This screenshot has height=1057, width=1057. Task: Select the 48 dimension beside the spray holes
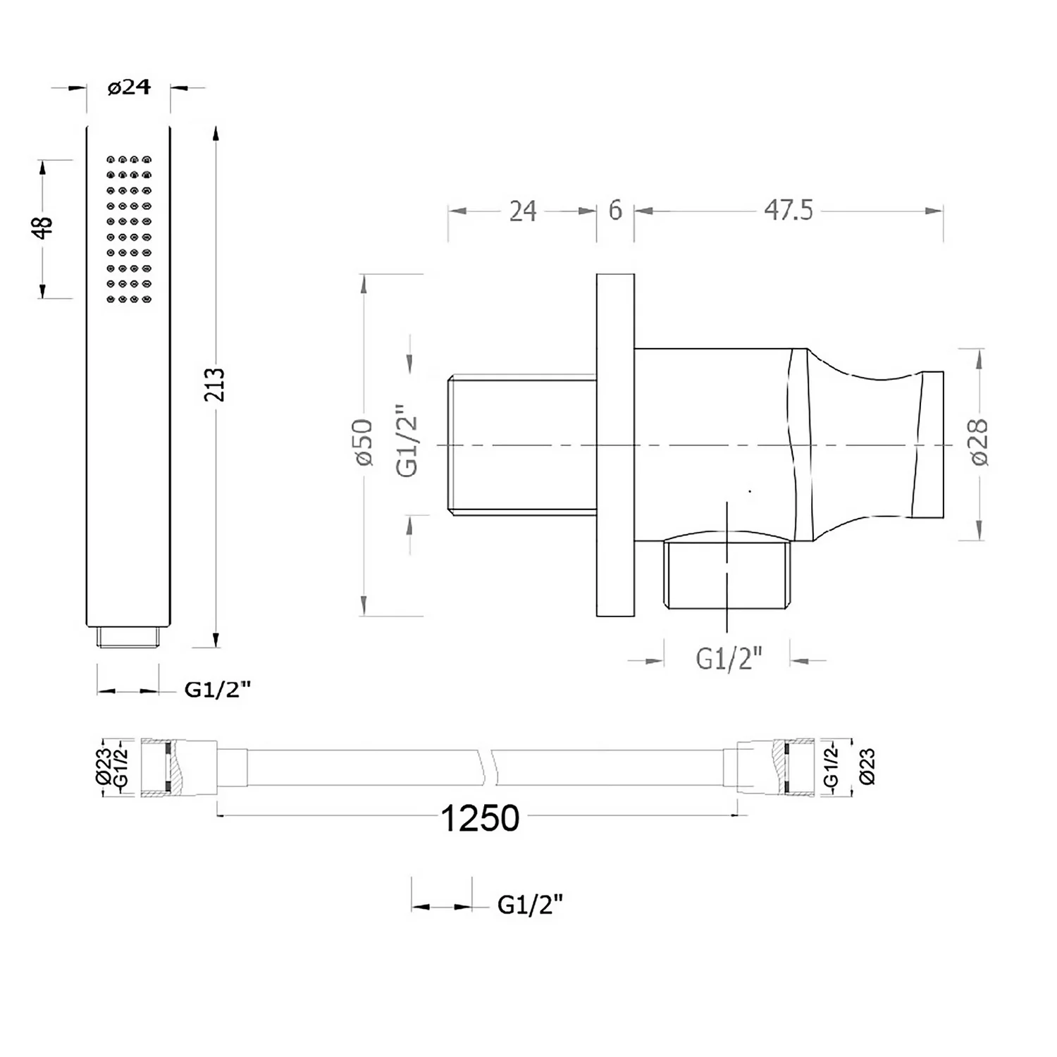point(42,228)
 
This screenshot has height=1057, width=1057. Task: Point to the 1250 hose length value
point(480,818)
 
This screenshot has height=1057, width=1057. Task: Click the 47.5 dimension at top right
point(789,210)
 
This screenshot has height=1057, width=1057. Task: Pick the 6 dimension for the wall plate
point(615,210)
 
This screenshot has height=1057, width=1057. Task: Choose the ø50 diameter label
point(364,442)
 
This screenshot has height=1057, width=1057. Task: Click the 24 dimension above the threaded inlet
point(522,211)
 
